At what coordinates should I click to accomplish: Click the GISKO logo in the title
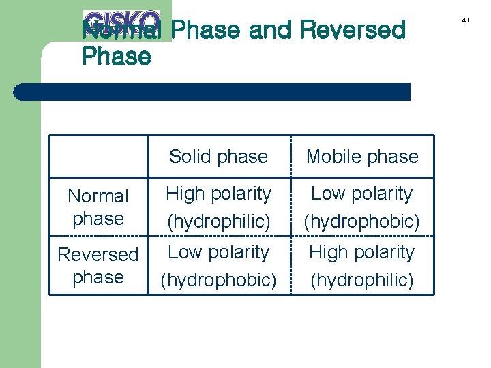121,23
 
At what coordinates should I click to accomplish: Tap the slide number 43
466,20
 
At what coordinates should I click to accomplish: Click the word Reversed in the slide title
352,30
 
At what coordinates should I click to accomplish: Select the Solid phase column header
218,157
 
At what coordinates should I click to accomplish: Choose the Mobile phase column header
362,157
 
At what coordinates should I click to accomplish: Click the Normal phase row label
98,207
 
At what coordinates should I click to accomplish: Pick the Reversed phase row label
98,266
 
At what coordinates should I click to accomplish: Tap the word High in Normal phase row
185,194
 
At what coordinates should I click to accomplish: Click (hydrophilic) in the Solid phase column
218,221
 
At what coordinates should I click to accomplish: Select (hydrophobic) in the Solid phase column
218,280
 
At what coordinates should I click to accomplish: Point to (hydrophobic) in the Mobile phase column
362,221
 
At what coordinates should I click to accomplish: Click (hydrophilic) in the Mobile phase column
362,280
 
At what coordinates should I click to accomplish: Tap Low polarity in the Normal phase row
362,194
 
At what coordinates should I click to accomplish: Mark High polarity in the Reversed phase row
362,252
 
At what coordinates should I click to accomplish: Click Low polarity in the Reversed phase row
218,252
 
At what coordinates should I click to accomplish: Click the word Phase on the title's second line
116,57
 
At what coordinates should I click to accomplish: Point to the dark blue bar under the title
211,92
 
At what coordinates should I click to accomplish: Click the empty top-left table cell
98,157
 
